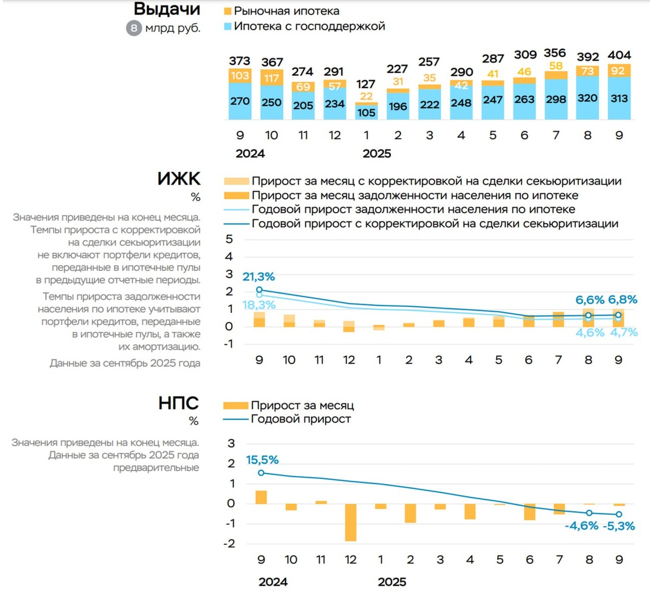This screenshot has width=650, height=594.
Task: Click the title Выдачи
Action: click(167, 9)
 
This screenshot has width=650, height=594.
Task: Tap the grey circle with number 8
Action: click(133, 28)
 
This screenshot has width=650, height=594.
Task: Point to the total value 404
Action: click(619, 55)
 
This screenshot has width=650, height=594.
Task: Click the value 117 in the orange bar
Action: click(271, 78)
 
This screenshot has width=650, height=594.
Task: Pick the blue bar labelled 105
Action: click(366, 112)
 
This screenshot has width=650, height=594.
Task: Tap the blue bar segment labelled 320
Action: click(588, 98)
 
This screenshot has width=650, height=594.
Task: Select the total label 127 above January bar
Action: click(366, 84)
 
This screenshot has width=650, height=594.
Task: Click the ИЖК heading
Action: click(179, 179)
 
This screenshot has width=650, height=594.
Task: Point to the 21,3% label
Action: click(258, 277)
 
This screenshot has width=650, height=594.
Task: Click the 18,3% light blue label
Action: click(258, 305)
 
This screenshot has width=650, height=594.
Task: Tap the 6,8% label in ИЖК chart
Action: click(622, 299)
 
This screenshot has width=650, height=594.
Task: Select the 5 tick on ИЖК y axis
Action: click(229, 239)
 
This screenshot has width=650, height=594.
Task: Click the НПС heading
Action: click(178, 403)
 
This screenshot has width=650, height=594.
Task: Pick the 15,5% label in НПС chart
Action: click(262, 460)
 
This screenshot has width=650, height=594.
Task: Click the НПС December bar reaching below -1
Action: click(351, 522)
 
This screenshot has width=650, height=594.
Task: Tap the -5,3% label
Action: click(619, 526)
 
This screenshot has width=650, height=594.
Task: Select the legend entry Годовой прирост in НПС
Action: click(301, 419)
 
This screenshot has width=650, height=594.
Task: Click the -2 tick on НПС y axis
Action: click(230, 543)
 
